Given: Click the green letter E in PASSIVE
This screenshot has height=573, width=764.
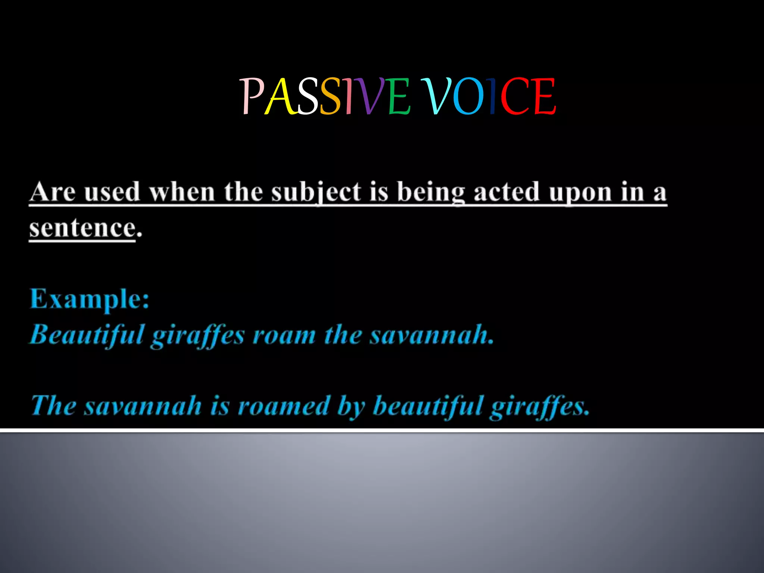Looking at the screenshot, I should (x=398, y=96).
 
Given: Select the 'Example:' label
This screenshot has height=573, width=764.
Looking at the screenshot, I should (x=90, y=299).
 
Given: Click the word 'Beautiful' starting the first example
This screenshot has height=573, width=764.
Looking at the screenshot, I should (x=87, y=335).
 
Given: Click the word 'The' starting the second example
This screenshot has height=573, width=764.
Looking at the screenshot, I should (x=53, y=406).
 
